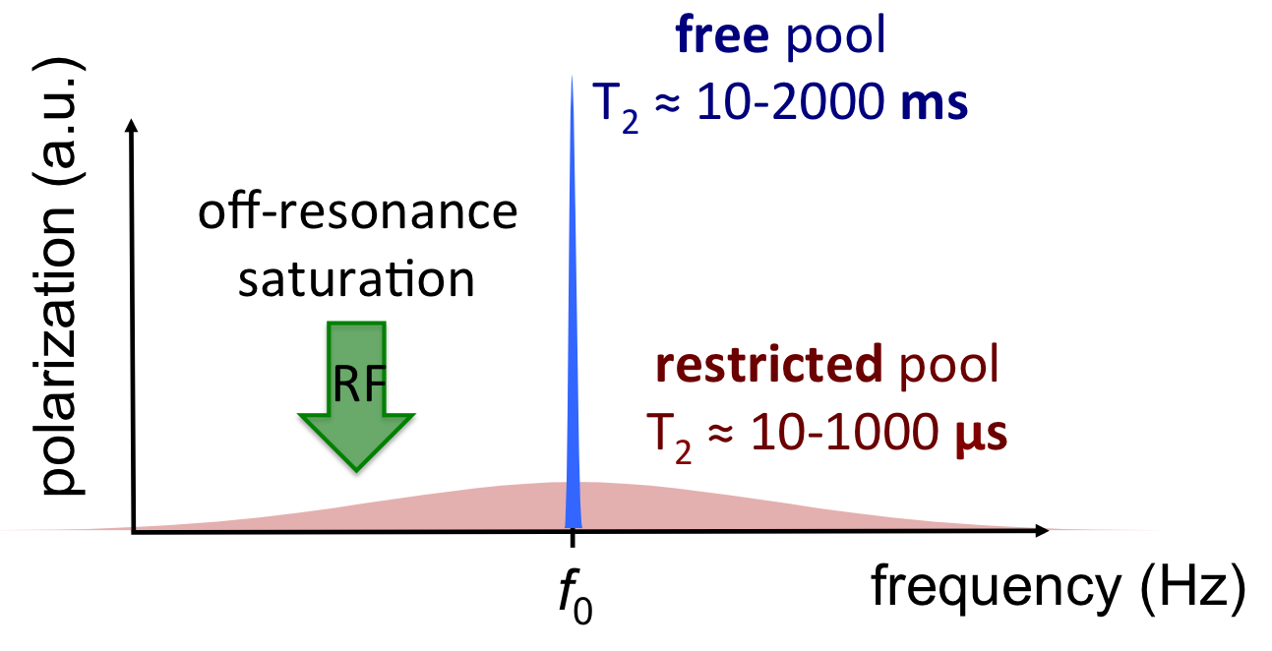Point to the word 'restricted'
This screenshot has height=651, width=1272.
pos(769,366)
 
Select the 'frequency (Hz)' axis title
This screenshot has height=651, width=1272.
pos(1057,590)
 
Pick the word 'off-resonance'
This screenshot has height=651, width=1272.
pos(357,213)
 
